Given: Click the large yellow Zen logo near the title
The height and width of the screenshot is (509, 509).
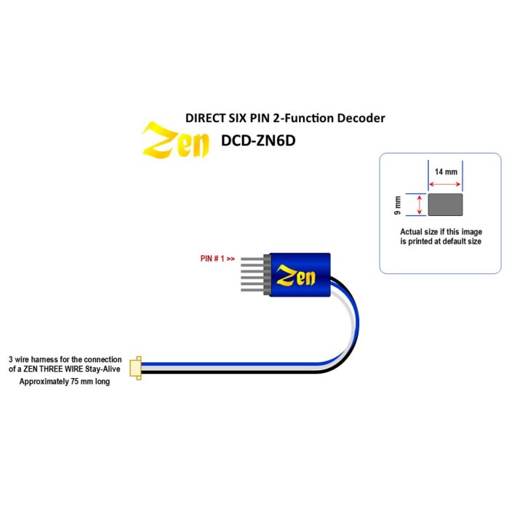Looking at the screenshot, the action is pyautogui.click(x=175, y=140).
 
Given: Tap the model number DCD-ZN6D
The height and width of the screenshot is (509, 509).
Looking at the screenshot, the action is pyautogui.click(x=258, y=140).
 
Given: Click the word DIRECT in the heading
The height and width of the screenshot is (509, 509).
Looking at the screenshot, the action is pyautogui.click(x=206, y=118).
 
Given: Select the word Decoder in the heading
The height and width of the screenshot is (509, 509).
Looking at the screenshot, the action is pyautogui.click(x=361, y=118).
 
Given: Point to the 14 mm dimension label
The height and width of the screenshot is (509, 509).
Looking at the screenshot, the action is pyautogui.click(x=446, y=172).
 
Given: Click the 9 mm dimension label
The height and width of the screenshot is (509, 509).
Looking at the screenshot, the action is pyautogui.click(x=397, y=205).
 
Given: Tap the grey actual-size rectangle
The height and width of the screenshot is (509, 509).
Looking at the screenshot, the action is pyautogui.click(x=445, y=204).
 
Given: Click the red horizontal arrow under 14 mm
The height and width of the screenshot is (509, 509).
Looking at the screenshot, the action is pyautogui.click(x=445, y=184).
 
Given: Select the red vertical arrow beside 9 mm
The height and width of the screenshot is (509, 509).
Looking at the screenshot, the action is pyautogui.click(x=420, y=204).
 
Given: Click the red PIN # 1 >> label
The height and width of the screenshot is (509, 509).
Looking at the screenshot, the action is pyautogui.click(x=217, y=259).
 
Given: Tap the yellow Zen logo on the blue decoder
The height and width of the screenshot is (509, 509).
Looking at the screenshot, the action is pyautogui.click(x=295, y=276).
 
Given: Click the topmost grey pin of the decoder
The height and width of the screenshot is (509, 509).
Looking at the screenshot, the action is pyautogui.click(x=252, y=259).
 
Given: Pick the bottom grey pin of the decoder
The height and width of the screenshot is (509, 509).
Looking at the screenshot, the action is pyautogui.click(x=252, y=290).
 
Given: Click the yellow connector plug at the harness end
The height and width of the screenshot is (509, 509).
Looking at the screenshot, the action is pyautogui.click(x=136, y=368).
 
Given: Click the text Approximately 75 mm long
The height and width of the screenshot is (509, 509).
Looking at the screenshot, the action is pyautogui.click(x=65, y=382).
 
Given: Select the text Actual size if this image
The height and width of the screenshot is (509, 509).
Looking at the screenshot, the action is pyautogui.click(x=441, y=232).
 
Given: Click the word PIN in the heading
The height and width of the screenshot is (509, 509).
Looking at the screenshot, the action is pyautogui.click(x=258, y=118).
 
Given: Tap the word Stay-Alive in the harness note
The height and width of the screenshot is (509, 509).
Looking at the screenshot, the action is pyautogui.click(x=103, y=369).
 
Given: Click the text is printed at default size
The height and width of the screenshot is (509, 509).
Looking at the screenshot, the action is pyautogui.click(x=441, y=241).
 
